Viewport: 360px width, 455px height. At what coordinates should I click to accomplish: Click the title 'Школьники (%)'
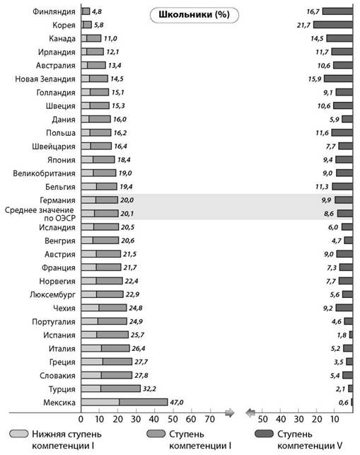[x=194, y=15]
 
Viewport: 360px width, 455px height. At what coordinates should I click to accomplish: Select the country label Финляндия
[x=54, y=11]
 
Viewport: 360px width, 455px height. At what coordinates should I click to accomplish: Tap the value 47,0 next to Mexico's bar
[x=177, y=402]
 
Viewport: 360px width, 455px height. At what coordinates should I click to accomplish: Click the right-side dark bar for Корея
[x=333, y=25]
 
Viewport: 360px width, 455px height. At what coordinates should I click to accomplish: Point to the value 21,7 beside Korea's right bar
[x=303, y=25]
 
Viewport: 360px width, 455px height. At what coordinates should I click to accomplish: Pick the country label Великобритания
[x=44, y=173]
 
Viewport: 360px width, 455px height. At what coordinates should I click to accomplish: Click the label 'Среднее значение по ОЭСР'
[x=40, y=214]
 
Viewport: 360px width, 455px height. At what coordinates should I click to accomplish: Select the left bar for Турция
[x=111, y=388]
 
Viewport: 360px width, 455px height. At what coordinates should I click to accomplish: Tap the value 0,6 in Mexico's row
[x=344, y=403]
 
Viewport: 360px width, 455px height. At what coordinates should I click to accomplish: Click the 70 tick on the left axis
[x=209, y=420]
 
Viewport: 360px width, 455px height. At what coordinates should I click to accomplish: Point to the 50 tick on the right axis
[x=262, y=420]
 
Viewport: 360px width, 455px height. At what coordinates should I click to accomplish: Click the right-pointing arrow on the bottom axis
[x=229, y=413]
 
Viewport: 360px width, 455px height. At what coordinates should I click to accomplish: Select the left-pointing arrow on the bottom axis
[x=250, y=413]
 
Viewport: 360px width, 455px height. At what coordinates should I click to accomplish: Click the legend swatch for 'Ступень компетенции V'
[x=264, y=434]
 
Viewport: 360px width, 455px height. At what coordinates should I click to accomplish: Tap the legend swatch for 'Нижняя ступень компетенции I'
[x=19, y=434]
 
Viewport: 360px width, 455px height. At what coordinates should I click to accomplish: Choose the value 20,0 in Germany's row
[x=127, y=200]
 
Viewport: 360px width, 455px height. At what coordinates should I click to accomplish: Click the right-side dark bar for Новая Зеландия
[x=339, y=79]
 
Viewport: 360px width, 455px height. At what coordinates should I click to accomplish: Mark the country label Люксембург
[x=52, y=295]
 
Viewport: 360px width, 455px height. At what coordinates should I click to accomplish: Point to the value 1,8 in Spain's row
[x=342, y=335]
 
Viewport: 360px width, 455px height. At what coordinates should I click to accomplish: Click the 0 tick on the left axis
[x=81, y=420]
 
